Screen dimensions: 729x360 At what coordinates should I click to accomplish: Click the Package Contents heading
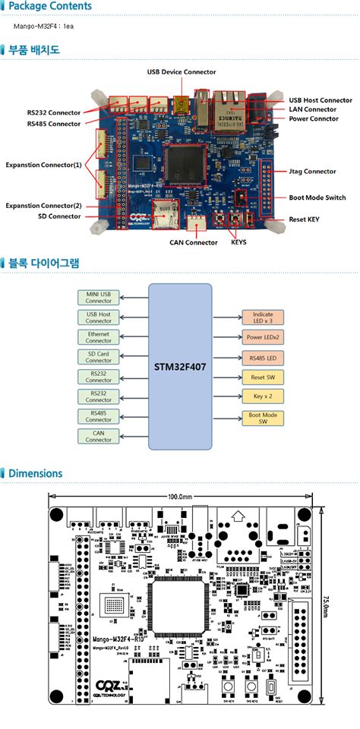click(x=50, y=7)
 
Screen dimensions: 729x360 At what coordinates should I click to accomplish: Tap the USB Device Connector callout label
click(x=182, y=71)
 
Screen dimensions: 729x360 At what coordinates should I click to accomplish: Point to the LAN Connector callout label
click(x=313, y=109)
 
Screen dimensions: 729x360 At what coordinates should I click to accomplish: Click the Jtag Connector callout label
click(x=312, y=172)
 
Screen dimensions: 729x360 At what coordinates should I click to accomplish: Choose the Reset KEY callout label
click(x=308, y=219)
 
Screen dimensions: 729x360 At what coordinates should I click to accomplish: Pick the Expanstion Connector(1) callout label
click(x=43, y=165)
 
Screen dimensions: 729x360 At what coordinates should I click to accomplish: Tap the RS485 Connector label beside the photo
click(x=54, y=124)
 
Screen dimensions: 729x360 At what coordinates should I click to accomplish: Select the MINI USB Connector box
click(x=98, y=297)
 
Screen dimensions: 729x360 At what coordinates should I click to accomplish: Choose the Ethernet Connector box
click(x=98, y=336)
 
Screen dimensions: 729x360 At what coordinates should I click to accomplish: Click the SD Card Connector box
click(x=98, y=356)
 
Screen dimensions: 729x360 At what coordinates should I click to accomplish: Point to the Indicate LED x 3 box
click(x=263, y=317)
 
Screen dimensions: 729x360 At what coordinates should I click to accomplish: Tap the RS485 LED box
click(x=263, y=357)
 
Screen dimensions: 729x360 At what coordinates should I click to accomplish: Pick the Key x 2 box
click(x=263, y=396)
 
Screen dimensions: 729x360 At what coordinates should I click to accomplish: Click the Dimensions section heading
click(x=35, y=473)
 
